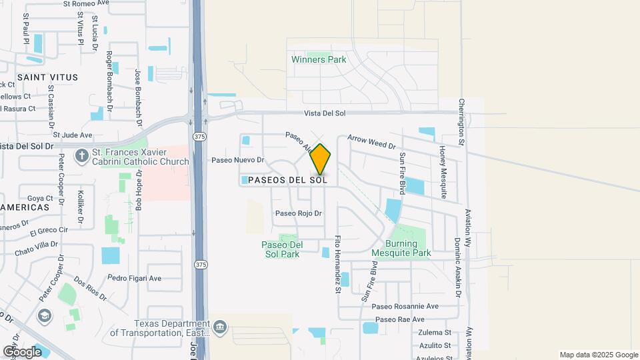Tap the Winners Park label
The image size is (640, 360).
tap(319, 59)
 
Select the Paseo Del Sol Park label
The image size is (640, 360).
tap(282, 249)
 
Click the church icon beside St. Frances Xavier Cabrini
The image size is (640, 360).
tap(82, 156)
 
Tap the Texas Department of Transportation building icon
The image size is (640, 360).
tap(221, 327)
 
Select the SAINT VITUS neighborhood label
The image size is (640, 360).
tap(47, 77)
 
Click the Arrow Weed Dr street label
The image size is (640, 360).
tap(371, 142)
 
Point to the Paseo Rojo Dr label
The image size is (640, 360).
tap(299, 213)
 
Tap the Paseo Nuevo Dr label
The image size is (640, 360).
tap(238, 160)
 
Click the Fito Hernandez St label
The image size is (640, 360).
tap(338, 265)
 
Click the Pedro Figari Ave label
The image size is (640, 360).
tap(135, 278)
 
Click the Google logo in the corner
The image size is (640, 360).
tap(22, 352)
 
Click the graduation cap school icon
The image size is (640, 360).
tap(45, 315)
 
